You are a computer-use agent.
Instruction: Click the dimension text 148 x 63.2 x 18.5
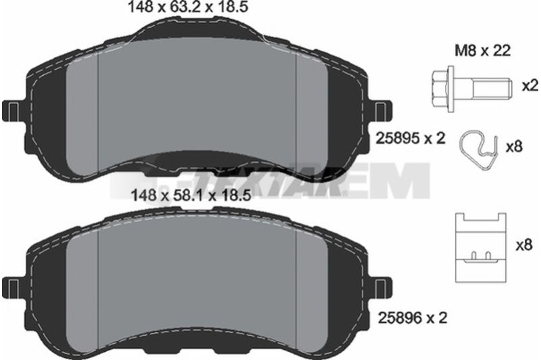188,7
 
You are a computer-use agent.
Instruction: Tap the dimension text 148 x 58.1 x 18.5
191,196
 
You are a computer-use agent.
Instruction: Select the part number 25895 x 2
410,139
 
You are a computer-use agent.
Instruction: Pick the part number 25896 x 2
413,318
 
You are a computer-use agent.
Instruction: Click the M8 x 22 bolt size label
483,51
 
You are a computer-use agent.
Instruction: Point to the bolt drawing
472,89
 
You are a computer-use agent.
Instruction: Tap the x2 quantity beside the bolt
530,86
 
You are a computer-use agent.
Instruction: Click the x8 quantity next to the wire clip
514,148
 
